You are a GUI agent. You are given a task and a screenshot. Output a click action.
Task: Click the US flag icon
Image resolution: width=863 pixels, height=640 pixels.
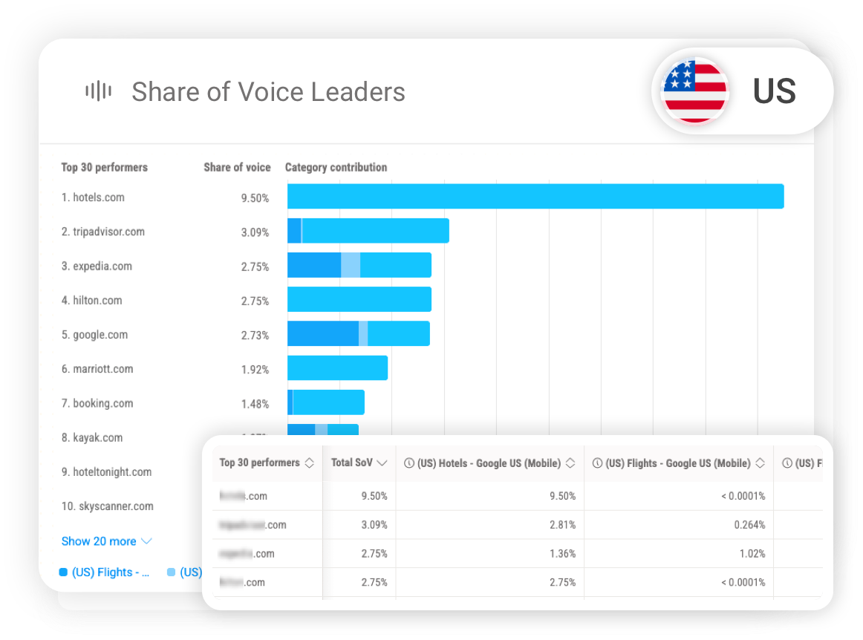pos(694,91)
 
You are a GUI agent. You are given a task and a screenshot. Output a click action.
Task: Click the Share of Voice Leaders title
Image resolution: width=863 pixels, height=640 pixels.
pos(268,92)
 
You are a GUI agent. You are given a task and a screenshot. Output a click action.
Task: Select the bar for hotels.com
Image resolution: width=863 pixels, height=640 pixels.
pos(535,196)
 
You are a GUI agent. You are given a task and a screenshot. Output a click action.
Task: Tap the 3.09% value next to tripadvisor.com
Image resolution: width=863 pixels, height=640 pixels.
pos(255,232)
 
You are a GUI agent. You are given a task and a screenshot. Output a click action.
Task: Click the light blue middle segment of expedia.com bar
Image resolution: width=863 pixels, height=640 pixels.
pos(351,265)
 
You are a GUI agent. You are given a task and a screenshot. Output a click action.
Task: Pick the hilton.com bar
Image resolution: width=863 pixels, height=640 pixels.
pos(359,299)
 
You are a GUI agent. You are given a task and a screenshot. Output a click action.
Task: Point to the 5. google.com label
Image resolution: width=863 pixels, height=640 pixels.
pos(94,335)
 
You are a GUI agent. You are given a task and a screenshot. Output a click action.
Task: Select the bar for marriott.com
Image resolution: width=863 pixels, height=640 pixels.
pos(337,368)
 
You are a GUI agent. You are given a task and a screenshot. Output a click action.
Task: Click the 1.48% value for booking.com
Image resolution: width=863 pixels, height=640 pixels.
pos(255,404)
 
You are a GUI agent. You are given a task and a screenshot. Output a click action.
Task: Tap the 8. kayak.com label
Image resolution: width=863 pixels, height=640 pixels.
pos(92,438)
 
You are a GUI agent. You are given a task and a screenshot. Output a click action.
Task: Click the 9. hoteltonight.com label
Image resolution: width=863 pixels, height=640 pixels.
pos(106,472)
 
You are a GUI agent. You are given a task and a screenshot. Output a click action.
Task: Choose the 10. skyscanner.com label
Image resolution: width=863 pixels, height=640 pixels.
pos(107,506)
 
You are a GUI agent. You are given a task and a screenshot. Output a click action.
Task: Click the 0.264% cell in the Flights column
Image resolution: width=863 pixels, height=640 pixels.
pos(749,525)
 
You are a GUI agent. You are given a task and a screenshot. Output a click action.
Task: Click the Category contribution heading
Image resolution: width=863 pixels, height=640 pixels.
pos(336,168)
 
